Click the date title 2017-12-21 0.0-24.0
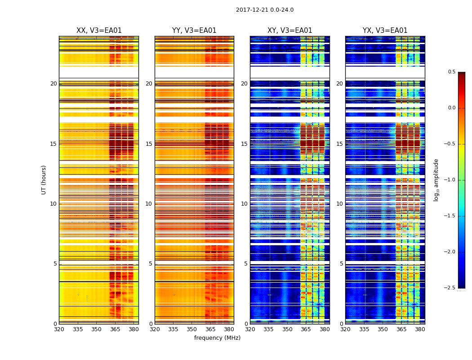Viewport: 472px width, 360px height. pos(264,10)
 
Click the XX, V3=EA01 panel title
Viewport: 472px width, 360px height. pos(99,31)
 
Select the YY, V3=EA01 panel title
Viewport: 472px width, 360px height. pos(194,31)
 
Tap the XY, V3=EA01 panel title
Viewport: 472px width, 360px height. pos(289,31)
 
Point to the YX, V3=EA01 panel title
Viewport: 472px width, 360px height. pos(385,31)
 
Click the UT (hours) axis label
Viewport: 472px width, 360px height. pos(44,180)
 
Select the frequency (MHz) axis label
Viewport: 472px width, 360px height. pos(217,338)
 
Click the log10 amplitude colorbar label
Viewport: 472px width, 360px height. pos(436,180)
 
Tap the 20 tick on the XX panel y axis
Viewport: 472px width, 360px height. pos(53,84)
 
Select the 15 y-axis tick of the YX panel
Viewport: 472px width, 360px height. pos(340,144)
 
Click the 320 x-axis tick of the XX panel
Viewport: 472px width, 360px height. pos(59,329)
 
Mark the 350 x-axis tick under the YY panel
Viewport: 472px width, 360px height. pos(191,329)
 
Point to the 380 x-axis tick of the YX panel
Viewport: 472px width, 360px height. pos(420,329)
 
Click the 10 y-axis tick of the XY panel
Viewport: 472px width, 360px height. pos(244,204)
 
